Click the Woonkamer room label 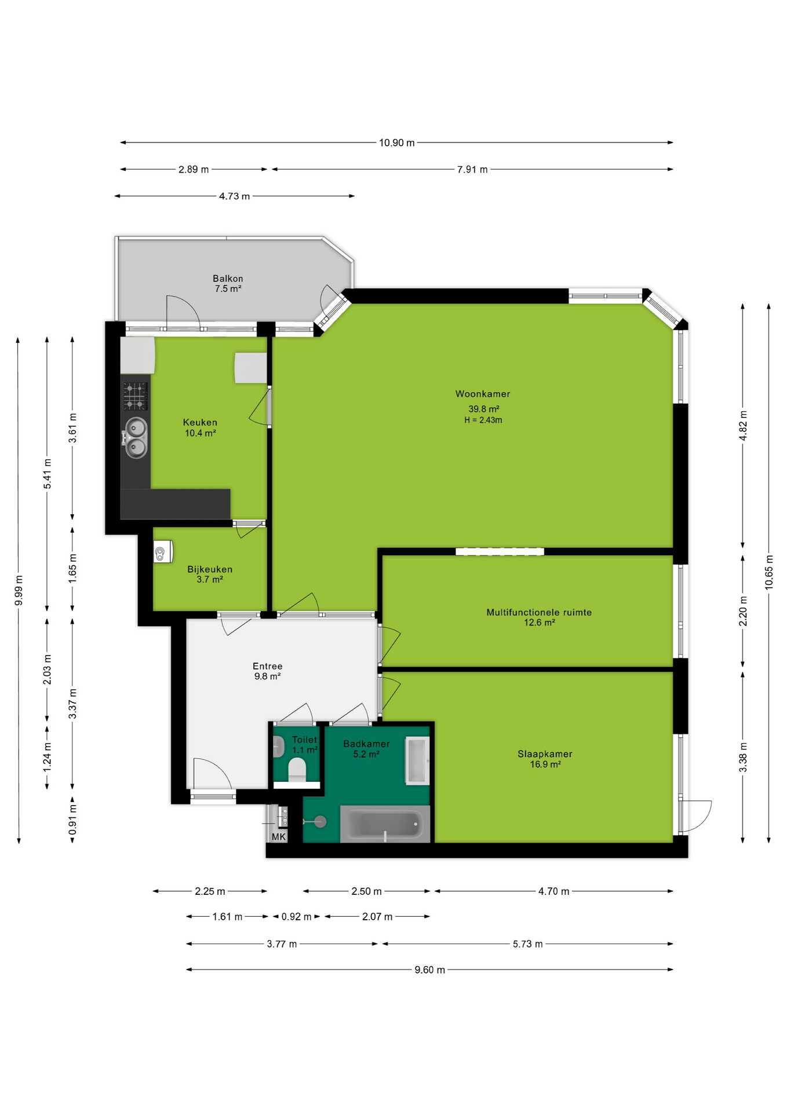tap(483, 394)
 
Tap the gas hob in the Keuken tap(135, 396)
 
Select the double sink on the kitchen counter tap(136, 438)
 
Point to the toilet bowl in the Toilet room tap(297, 770)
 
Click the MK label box tap(279, 837)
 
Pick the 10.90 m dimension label tap(397, 142)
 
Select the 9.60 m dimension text tap(430, 970)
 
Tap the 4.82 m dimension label tap(743, 426)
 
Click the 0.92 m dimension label tap(297, 917)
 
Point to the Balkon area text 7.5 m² tap(228, 288)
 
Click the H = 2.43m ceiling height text tap(483, 420)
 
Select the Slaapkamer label tap(545, 754)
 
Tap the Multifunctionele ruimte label tap(539, 612)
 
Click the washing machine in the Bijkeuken tap(163, 552)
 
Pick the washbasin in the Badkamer tap(417, 760)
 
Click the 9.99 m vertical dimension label tap(19, 591)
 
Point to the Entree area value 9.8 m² tap(268, 676)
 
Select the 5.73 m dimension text tap(528, 944)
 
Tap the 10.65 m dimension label tap(769, 572)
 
